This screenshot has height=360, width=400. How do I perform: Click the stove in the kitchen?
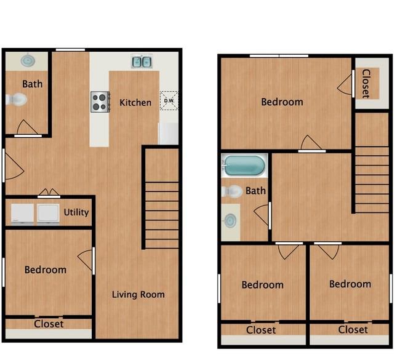pyautogui.click(x=100, y=102)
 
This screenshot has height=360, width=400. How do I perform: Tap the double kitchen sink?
pyautogui.click(x=142, y=62)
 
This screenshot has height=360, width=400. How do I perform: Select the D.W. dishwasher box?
pyautogui.click(x=169, y=100)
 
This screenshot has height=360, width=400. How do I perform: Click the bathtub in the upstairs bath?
pyautogui.click(x=244, y=166)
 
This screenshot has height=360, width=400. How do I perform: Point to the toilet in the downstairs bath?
pyautogui.click(x=17, y=100)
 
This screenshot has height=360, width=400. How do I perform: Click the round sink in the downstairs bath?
pyautogui.click(x=28, y=61)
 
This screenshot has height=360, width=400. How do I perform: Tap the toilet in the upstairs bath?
pyautogui.click(x=231, y=191)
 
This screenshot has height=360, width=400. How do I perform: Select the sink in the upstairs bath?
pyautogui.click(x=230, y=220)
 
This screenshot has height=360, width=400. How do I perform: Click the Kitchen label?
pyautogui.click(x=135, y=103)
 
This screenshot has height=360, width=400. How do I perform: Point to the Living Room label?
pyautogui.click(x=138, y=295)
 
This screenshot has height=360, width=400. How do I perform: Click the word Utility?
pyautogui.click(x=76, y=212)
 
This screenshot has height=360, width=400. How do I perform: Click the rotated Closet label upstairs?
pyautogui.click(x=366, y=84)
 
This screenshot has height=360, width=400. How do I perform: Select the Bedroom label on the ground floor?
pyautogui.click(x=46, y=270)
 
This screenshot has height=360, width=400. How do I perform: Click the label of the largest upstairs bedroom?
pyautogui.click(x=282, y=102)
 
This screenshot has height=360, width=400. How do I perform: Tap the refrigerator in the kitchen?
pyautogui.click(x=169, y=134)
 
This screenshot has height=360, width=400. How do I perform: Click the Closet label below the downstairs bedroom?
pyautogui.click(x=49, y=324)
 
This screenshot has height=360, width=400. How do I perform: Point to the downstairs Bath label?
pyautogui.click(x=33, y=84)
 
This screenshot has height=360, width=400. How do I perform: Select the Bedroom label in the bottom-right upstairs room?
pyautogui.click(x=350, y=284)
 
